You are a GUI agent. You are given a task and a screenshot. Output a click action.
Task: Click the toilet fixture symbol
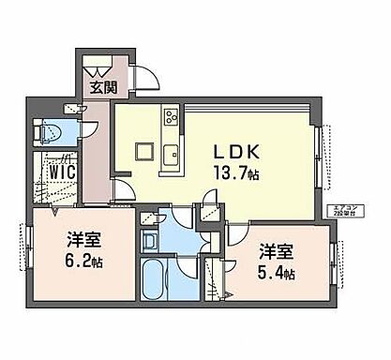click(x=50, y=132)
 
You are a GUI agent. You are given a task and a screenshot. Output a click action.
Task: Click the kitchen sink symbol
click(x=172, y=155)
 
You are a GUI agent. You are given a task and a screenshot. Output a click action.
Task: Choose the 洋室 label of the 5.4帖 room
click(x=277, y=253)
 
